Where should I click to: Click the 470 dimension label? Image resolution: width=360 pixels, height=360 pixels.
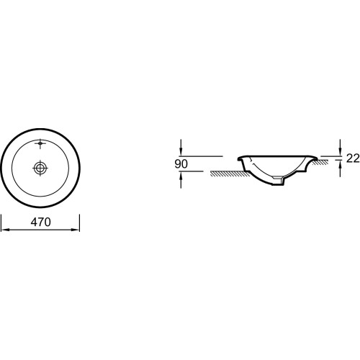40,222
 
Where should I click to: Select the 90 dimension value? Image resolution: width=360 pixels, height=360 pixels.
181,164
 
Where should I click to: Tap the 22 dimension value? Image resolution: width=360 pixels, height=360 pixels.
353,158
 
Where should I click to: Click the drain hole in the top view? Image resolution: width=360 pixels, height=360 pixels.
40,168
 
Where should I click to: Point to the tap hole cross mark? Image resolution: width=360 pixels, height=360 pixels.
40,143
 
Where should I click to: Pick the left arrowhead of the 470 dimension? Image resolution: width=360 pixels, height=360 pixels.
5,230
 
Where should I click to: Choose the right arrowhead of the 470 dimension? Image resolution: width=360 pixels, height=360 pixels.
76,230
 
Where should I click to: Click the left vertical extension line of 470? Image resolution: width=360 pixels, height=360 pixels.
1,223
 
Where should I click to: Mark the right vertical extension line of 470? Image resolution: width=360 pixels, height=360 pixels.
79,223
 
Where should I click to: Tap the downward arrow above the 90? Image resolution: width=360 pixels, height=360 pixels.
181,148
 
